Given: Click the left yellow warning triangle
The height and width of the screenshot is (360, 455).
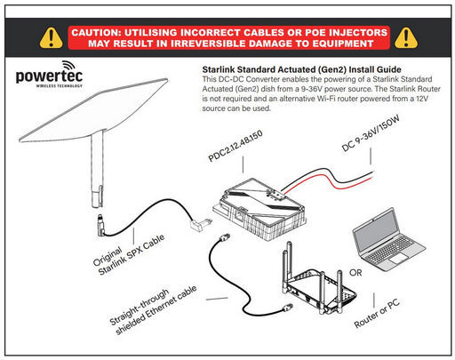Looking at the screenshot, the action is [52, 38].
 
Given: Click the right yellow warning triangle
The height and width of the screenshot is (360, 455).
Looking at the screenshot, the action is [406, 38].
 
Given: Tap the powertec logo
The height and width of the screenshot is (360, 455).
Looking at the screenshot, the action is [49, 74].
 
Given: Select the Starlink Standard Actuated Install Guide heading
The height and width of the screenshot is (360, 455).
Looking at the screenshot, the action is [301, 69].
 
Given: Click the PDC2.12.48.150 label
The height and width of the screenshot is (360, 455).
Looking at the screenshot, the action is [235, 146].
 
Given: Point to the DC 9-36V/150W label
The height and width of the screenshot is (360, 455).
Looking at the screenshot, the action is [371, 133].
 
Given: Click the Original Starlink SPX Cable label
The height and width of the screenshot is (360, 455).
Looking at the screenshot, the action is [129, 254].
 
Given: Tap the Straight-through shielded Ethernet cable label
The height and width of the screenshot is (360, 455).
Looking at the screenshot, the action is [153, 309].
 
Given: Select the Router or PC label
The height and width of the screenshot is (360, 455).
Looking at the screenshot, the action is [377, 313].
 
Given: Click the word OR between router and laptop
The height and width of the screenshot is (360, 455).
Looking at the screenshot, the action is [355, 272].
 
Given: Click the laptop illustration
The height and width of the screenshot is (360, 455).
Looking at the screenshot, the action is [388, 239].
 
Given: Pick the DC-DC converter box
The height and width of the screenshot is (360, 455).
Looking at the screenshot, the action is [259, 209].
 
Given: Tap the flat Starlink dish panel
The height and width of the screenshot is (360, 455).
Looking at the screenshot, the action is [93, 110].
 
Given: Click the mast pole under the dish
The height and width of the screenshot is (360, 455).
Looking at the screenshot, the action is [97, 170].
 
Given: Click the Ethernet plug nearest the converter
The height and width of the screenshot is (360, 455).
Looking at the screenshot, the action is [224, 237].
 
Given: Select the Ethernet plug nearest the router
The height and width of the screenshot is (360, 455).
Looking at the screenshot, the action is [287, 308].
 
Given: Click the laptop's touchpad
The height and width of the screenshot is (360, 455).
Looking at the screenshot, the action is [398, 259].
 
